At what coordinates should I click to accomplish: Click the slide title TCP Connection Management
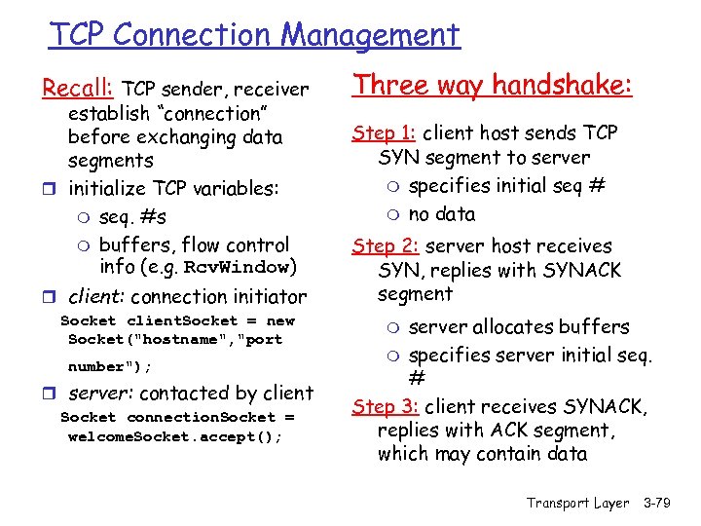click(x=254, y=35)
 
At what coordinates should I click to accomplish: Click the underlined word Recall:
click(x=78, y=90)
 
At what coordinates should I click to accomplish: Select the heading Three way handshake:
click(x=493, y=85)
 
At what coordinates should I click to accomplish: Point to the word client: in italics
click(x=95, y=297)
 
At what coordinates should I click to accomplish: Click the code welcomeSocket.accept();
click(x=175, y=437)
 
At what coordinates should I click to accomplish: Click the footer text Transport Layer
click(x=578, y=503)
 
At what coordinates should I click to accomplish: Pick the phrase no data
click(x=442, y=214)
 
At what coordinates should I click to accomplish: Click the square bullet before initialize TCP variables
click(x=48, y=189)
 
